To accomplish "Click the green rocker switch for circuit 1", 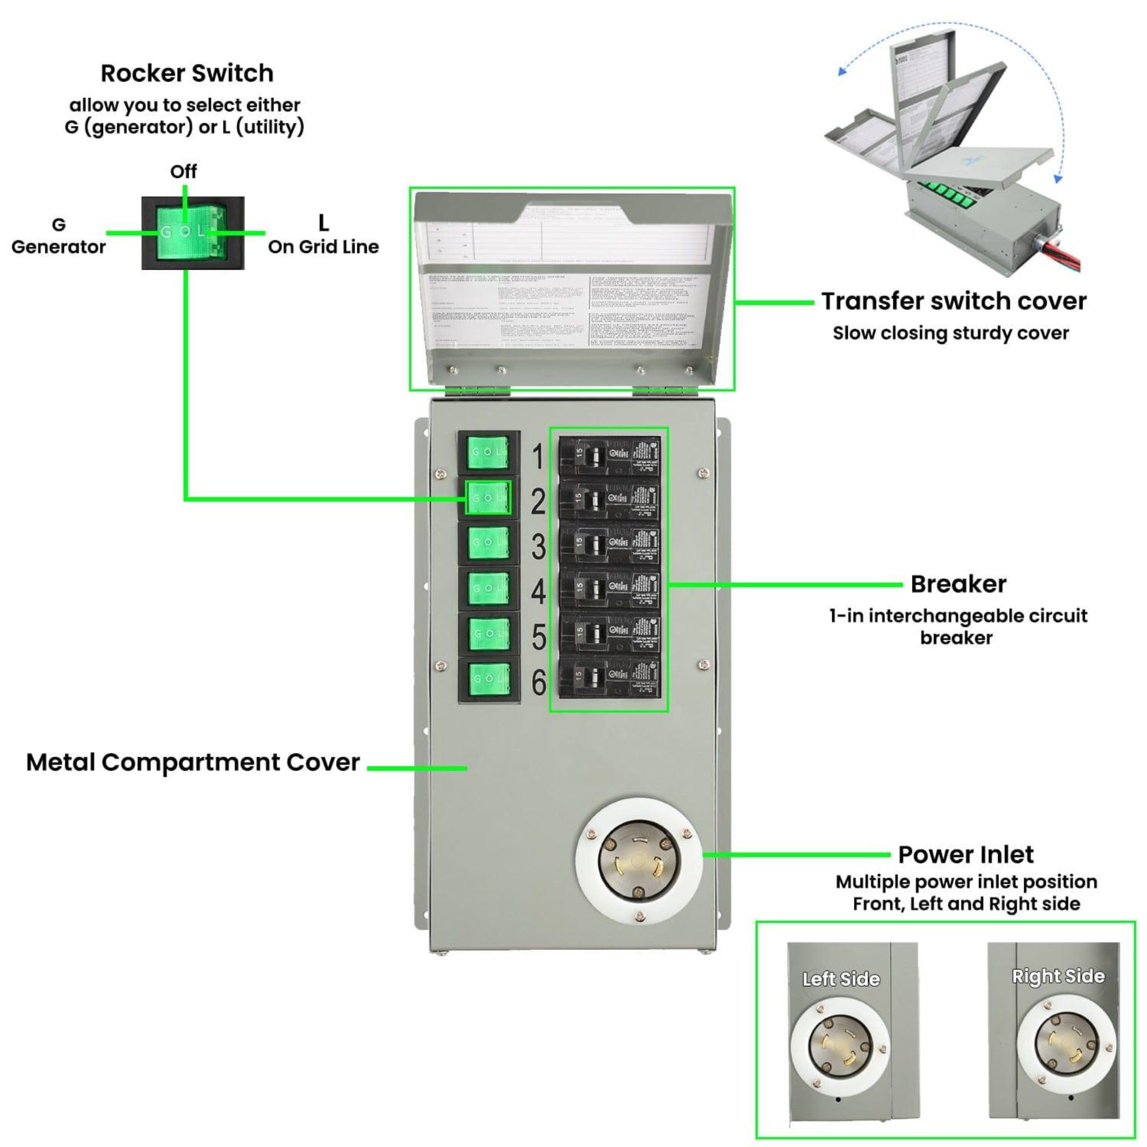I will coord(488,453).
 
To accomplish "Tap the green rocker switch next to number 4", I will coord(488,588).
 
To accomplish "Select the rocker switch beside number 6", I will coord(488,679).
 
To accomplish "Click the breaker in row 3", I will coord(609,544).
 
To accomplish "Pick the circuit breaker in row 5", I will coord(609,633).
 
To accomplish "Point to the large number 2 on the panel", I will coord(538,502).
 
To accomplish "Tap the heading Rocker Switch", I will coord(187,73).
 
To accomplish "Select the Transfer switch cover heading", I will coord(953,301).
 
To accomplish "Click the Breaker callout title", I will coord(958,584).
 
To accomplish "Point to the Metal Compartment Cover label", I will coord(193,762).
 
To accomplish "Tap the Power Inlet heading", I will coord(966,855).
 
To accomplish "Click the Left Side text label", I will coord(841,979).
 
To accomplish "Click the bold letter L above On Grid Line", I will coord(324,223).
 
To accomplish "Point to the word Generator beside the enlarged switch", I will coord(58,247).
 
